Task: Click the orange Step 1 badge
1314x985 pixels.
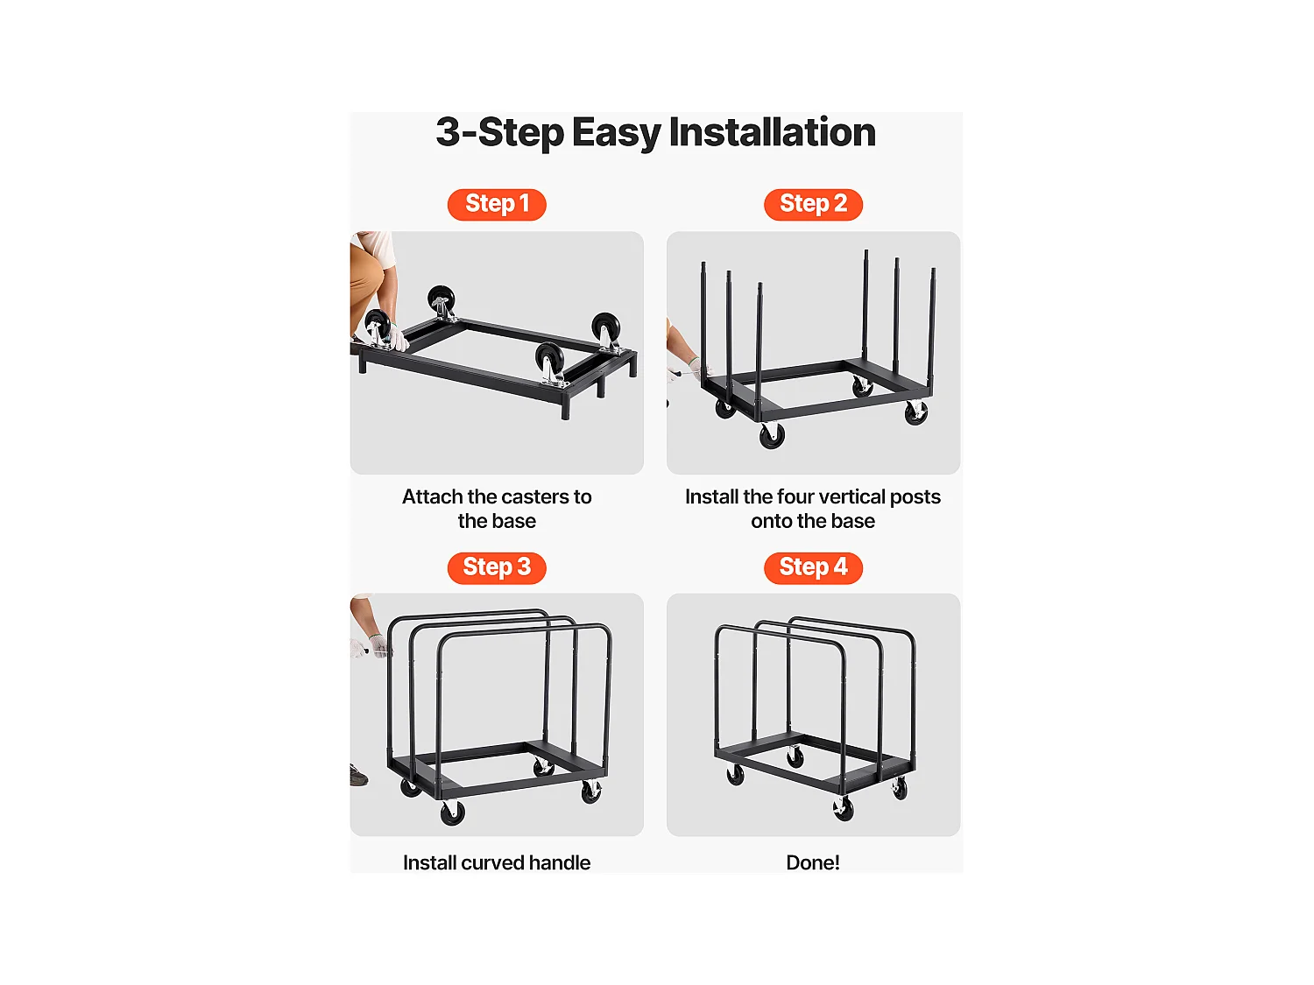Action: pos(497,204)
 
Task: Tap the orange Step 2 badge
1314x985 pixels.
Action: pos(813,204)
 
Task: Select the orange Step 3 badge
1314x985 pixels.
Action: pos(497,567)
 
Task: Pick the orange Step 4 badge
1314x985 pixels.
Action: pos(813,567)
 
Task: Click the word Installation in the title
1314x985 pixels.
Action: pos(772,133)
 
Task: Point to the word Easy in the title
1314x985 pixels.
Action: pos(616,133)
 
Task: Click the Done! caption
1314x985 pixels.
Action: pos(813,862)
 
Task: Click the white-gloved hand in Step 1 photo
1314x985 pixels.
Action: pos(399,338)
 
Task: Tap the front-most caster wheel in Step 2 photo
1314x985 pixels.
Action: pos(772,435)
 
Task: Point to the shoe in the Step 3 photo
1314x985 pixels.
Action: pos(358,776)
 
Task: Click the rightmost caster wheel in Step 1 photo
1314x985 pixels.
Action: pos(605,328)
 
